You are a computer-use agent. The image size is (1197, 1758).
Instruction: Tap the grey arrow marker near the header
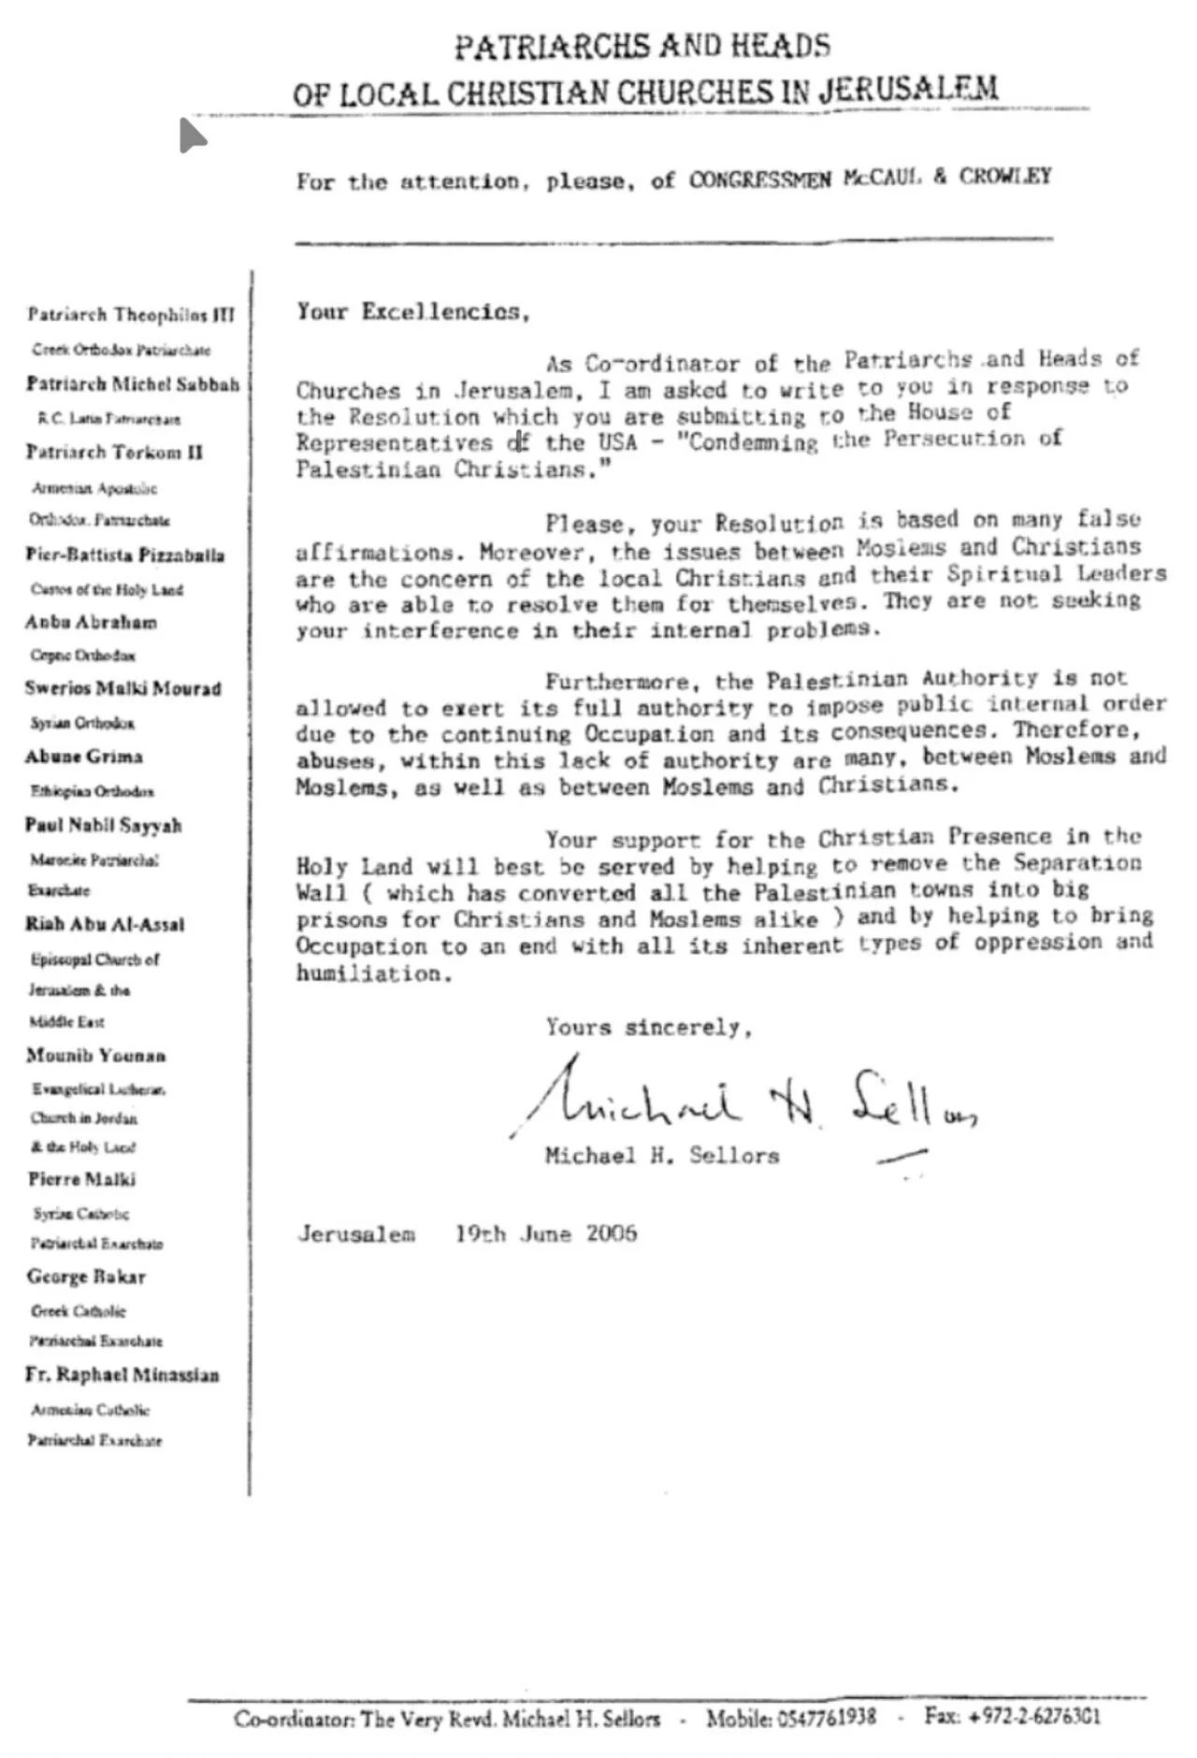pyautogui.click(x=192, y=136)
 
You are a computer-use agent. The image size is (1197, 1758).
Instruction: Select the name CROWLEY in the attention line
pyautogui.click(x=1005, y=177)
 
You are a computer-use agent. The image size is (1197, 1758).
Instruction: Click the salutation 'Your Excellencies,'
pyautogui.click(x=413, y=312)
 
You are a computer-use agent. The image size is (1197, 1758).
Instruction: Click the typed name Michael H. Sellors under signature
pyautogui.click(x=662, y=1156)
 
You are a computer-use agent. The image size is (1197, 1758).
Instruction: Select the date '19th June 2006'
pyautogui.click(x=546, y=1233)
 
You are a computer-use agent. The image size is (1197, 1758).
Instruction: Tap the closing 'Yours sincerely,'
pyautogui.click(x=649, y=1028)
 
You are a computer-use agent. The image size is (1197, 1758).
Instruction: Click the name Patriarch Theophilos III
pyautogui.click(x=131, y=314)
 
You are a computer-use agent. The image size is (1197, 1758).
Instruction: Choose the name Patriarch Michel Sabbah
pyautogui.click(x=133, y=384)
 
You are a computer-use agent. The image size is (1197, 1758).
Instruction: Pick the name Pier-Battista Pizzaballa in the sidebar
pyautogui.click(x=125, y=555)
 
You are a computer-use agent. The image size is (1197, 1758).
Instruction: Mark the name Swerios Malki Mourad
pyautogui.click(x=123, y=688)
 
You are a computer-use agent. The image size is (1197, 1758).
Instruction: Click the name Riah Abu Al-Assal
pyautogui.click(x=105, y=924)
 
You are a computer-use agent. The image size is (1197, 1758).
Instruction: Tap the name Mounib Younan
pyautogui.click(x=96, y=1056)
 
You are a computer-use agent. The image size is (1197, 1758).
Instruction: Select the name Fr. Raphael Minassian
pyautogui.click(x=123, y=1375)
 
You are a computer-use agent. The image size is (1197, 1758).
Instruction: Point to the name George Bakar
pyautogui.click(x=86, y=1276)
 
